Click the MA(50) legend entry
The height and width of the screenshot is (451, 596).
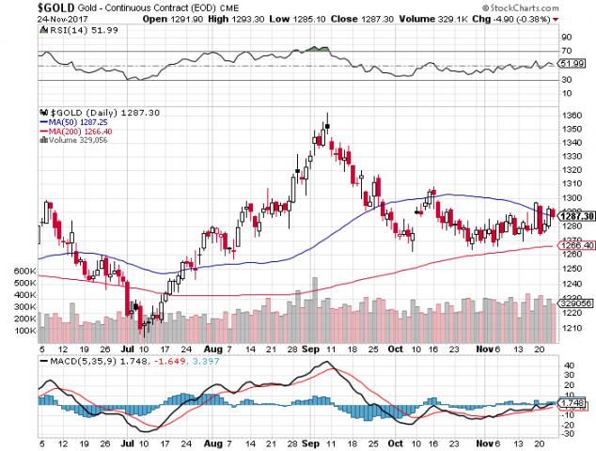click(x=71, y=121)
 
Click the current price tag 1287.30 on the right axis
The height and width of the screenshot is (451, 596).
click(x=573, y=217)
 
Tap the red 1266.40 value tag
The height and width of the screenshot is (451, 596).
click(x=574, y=246)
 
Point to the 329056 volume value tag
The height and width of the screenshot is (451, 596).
click(x=574, y=303)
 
